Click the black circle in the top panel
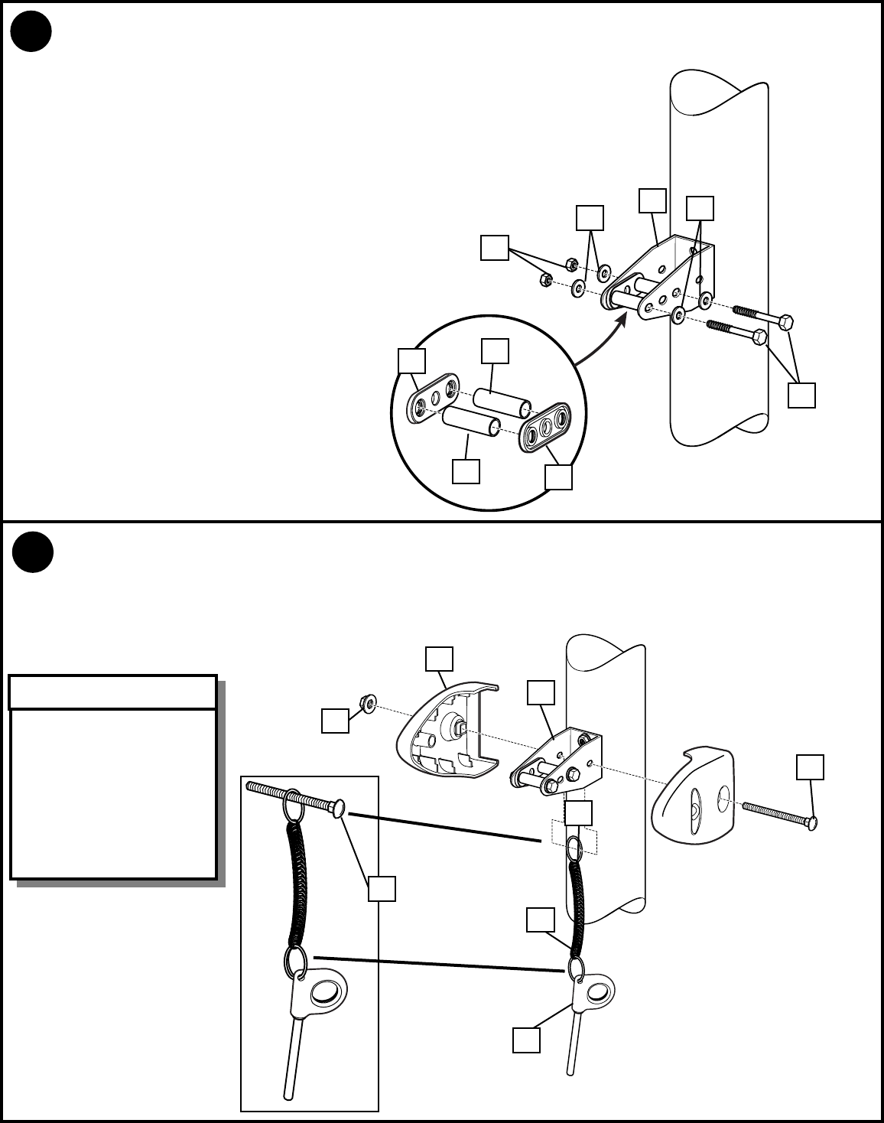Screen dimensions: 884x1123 pos(31,32)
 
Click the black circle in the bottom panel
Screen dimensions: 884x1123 pos(33,551)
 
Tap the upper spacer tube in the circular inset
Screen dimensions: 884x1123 pos(501,402)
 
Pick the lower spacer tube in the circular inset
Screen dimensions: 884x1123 pos(470,422)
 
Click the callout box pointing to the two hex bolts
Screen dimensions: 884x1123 pos(801,395)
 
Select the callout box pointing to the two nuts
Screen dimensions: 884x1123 pos(495,249)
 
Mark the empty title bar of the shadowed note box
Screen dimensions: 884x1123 pos(112,692)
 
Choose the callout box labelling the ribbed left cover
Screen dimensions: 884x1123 pos(439,659)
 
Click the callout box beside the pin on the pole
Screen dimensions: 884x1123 pos(526,1040)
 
